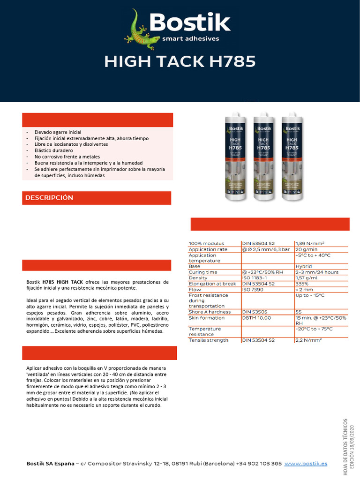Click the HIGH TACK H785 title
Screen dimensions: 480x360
coord(180,61)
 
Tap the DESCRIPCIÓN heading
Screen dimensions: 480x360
coord(49,198)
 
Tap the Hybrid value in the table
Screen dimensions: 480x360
coord(304,266)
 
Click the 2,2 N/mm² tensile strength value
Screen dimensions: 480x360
coord(308,340)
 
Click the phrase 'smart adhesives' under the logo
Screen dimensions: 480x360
coord(190,38)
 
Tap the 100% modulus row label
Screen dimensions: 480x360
coord(206,243)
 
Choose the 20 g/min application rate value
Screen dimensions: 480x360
coord(307,249)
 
